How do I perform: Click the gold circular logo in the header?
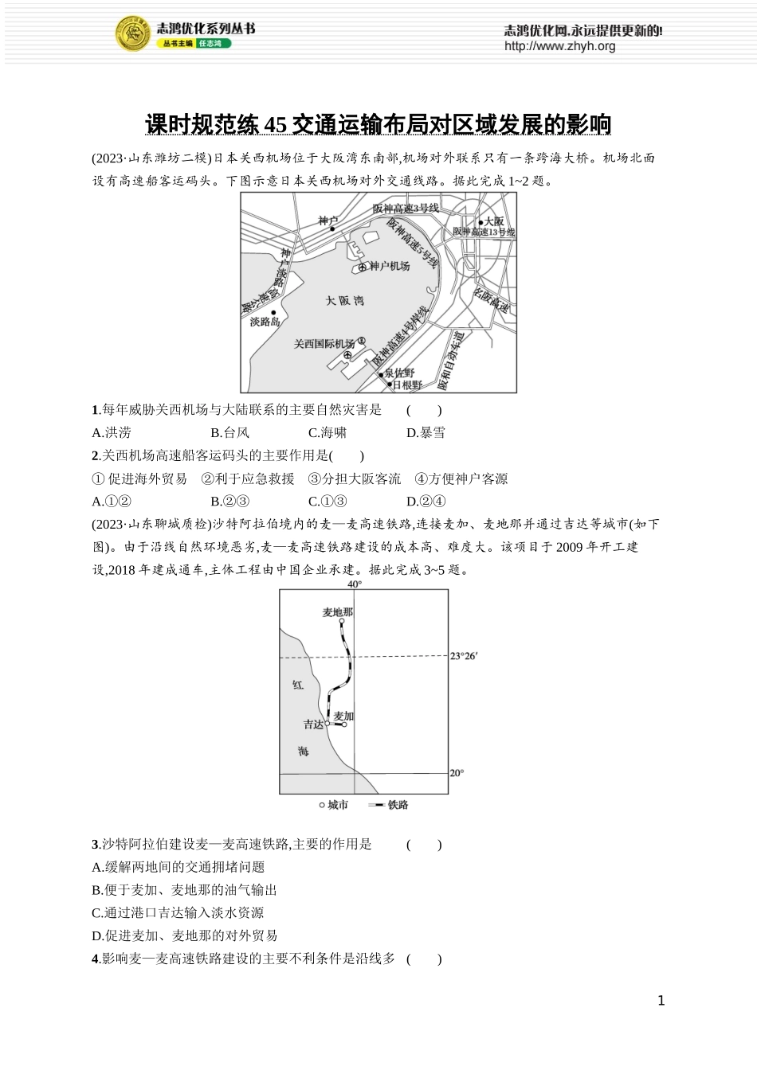133,34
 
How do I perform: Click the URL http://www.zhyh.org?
559,46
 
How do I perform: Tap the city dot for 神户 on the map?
332,229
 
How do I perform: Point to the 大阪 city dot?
480,221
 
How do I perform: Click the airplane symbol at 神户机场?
363,267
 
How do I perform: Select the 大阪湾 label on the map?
344,300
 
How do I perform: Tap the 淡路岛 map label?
265,322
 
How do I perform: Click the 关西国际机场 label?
324,344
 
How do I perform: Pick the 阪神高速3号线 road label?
406,209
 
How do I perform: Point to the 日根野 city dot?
390,384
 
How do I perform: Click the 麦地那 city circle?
342,622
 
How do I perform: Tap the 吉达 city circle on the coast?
328,724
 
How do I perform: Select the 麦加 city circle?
344,724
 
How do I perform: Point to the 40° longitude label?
355,584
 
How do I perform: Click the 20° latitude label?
457,772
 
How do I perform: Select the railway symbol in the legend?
376,805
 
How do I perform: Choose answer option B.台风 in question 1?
229,432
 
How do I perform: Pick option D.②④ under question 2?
426,501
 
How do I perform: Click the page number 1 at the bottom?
661,1001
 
